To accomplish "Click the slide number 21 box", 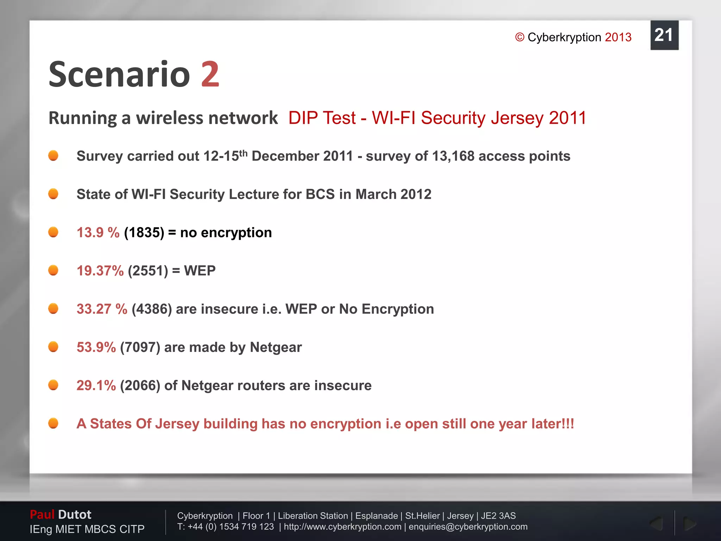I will (664, 35).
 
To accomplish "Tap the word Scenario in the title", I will (119, 75).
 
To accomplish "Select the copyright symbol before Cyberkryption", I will (520, 37).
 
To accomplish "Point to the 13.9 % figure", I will (98, 232).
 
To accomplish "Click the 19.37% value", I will (100, 271).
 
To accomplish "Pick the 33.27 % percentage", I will (102, 309).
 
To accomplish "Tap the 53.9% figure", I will (96, 347).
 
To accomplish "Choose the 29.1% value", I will (96, 385).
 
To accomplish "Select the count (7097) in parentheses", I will (140, 347).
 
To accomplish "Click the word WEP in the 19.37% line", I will (200, 271).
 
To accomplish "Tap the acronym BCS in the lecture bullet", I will (320, 194).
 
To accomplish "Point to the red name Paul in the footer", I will (42, 515).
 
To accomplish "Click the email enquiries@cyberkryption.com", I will (468, 527).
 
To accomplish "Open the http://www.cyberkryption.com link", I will (343, 527).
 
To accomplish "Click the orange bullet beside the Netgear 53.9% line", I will (53, 347).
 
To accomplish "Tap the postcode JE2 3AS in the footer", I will (498, 516).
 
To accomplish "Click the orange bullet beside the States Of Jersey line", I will (53, 423).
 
